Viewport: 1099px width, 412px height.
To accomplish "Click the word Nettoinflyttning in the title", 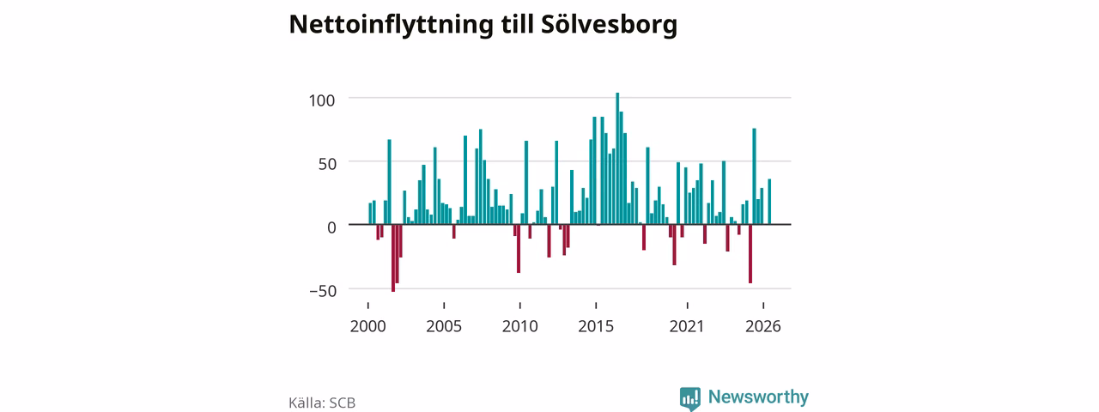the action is point(391,25).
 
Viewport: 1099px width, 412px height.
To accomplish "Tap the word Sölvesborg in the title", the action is point(609,24).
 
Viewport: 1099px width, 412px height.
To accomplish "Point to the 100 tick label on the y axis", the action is point(322,100).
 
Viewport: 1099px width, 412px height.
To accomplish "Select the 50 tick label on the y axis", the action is point(327,164).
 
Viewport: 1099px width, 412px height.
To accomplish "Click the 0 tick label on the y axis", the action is point(331,227).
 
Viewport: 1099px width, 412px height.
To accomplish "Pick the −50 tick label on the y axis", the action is point(324,291).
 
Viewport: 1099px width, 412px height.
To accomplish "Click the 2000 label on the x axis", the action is point(368,326).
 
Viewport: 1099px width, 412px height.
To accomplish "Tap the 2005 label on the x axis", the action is point(444,326).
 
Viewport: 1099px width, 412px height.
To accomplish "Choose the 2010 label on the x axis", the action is point(520,326).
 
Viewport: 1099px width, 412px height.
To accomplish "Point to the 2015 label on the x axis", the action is point(596,326).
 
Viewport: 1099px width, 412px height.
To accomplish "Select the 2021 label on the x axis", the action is point(687,326).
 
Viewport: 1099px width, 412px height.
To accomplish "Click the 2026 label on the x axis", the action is point(763,326).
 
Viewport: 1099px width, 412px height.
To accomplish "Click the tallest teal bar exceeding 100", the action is point(617,159).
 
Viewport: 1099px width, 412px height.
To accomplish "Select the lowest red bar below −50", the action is point(393,258).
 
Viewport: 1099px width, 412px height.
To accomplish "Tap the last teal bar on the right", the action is point(769,202).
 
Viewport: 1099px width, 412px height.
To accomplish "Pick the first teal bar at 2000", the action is point(370,214).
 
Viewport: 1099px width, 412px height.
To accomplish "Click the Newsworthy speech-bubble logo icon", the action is point(689,398).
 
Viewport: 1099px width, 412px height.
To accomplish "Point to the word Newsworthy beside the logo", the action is point(758,397).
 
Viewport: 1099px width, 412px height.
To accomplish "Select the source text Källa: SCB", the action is point(322,403).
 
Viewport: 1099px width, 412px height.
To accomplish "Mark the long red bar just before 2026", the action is point(750,253).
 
